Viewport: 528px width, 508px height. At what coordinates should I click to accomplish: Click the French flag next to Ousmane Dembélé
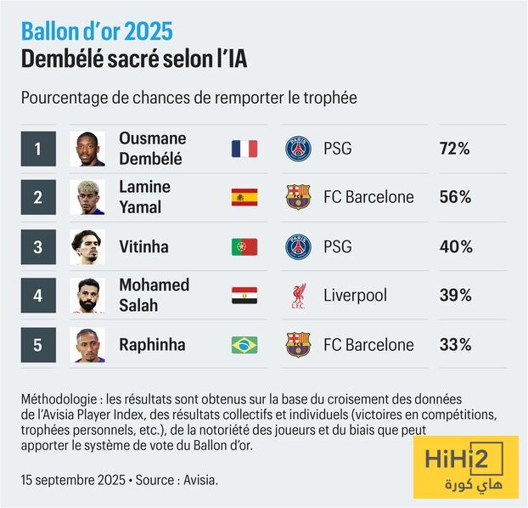pos(244,149)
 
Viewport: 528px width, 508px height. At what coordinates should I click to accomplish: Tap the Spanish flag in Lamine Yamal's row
pos(244,197)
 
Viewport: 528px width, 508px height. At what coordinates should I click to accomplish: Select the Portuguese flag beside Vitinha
pos(244,247)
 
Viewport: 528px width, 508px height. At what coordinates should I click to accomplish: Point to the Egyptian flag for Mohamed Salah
pos(244,296)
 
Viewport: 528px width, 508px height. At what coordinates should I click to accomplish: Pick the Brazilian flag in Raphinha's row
pos(244,345)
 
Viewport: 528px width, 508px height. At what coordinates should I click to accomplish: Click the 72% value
pos(454,149)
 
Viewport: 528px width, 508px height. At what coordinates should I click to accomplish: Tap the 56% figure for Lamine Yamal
pos(454,197)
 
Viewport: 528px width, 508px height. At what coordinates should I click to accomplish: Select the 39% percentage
pos(454,296)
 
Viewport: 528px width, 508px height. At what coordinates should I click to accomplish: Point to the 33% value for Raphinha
pos(454,345)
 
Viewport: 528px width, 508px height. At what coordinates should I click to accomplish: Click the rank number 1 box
pos(38,149)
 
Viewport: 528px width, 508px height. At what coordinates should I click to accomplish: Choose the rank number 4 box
pos(38,296)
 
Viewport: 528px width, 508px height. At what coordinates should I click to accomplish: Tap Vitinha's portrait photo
pos(87,247)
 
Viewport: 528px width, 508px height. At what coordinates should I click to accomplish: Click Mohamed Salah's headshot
pos(87,296)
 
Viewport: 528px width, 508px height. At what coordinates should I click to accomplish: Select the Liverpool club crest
pos(298,296)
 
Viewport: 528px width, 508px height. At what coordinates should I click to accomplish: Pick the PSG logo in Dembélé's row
pos(298,149)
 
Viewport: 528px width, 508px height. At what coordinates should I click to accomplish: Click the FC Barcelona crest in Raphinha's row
pos(298,345)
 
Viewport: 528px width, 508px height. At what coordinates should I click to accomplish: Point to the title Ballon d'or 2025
pos(97,32)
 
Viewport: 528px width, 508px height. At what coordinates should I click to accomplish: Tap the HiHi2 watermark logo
pos(465,466)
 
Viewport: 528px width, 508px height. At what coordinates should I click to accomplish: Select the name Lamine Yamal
pos(144,197)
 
